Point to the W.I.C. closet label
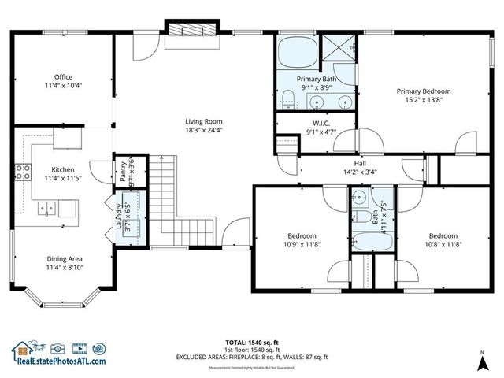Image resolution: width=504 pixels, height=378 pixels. click(321, 123)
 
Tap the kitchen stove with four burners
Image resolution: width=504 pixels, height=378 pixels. click(21, 171)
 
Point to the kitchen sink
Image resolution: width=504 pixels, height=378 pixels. click(46, 209)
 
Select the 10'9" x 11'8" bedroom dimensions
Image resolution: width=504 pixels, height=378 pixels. click(302, 245)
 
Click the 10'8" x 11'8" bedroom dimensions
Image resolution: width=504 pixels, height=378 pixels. click(443, 245)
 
